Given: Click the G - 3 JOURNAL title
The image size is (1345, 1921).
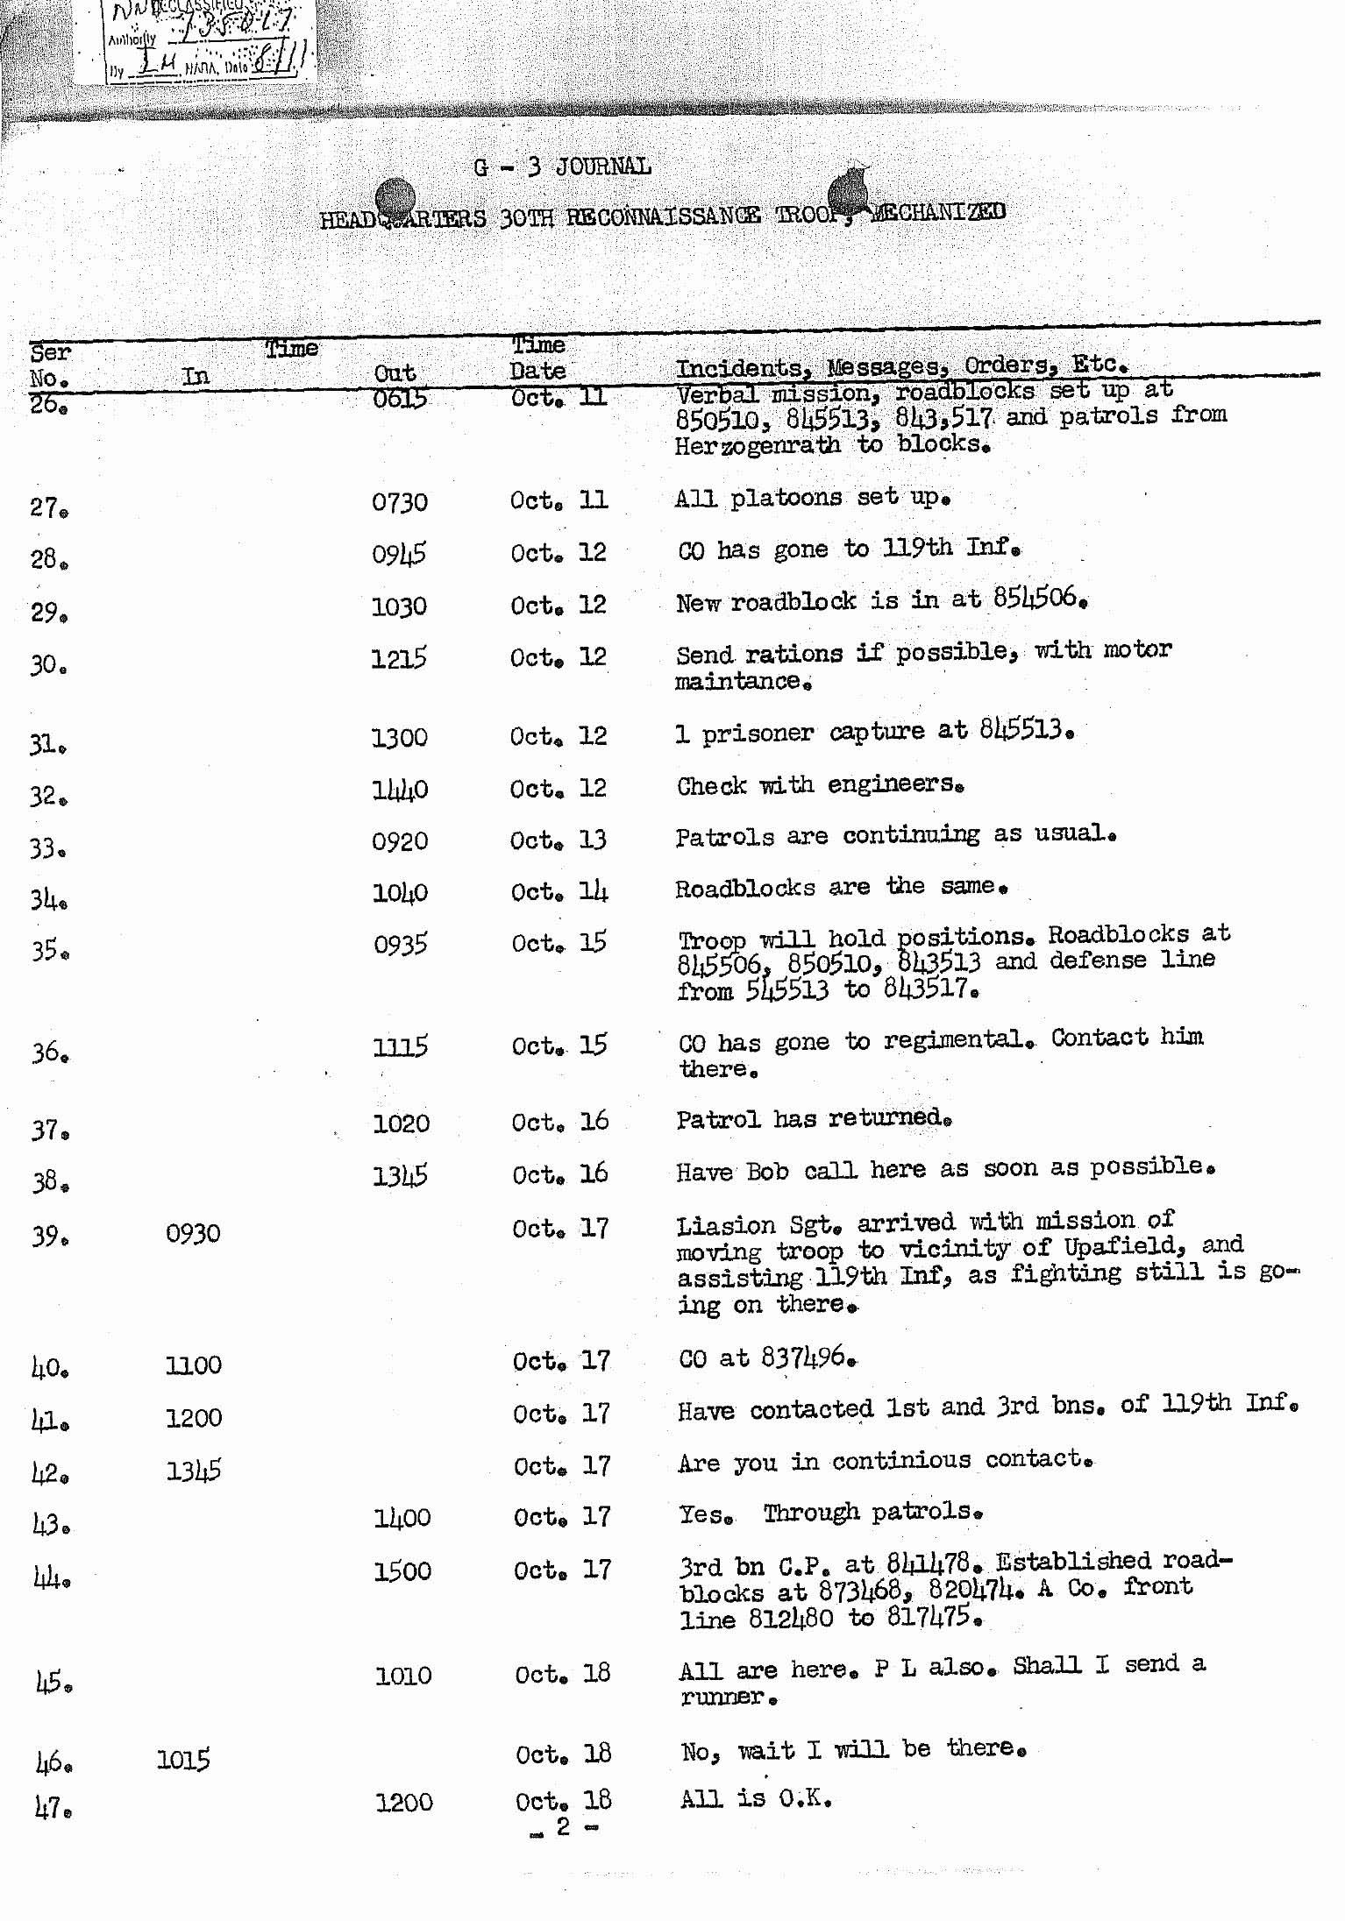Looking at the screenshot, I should tap(562, 167).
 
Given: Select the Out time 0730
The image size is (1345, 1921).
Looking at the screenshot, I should tap(400, 503).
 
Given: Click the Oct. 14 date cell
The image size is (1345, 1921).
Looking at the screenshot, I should tap(559, 892).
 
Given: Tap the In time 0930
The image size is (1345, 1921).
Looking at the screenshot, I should tap(193, 1233).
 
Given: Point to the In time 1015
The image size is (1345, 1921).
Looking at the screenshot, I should tap(183, 1760).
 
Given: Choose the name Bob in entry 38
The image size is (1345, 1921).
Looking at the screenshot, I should tap(767, 1171).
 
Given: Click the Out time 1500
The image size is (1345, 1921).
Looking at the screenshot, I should tap(402, 1571).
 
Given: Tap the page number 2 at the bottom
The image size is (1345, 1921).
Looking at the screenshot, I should tap(563, 1825).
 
